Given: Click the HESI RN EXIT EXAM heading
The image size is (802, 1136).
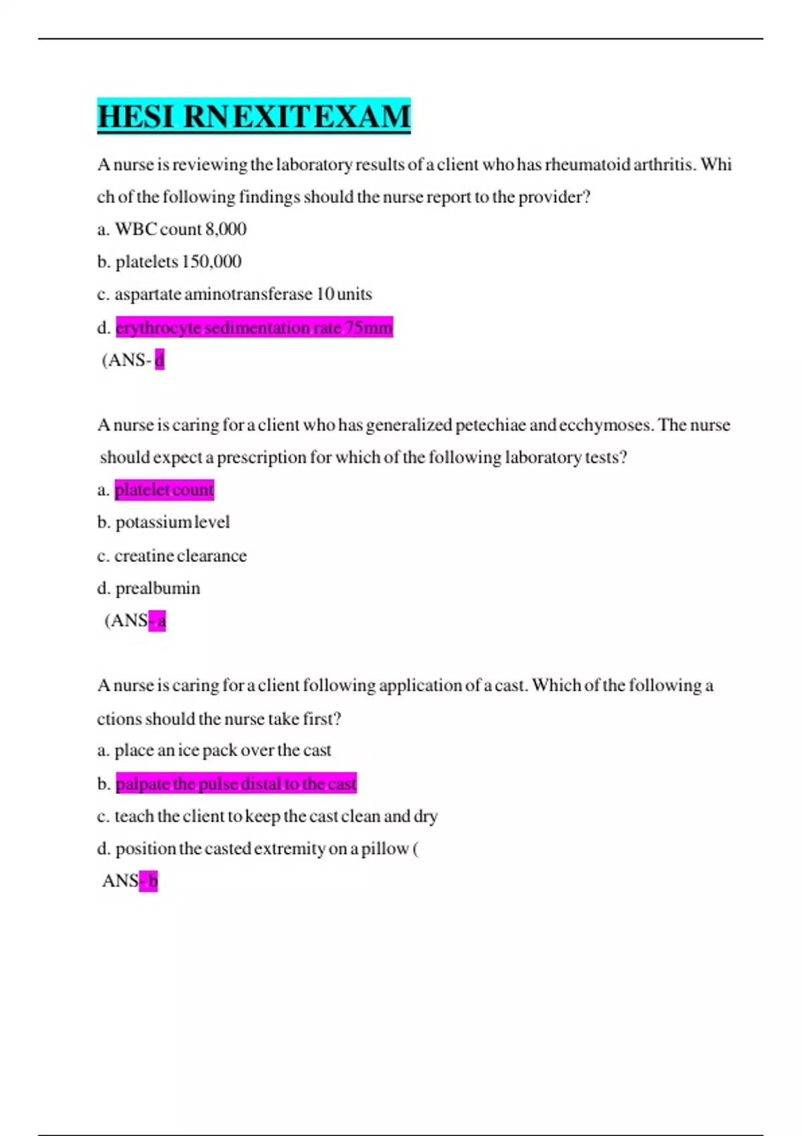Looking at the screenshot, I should click(253, 116).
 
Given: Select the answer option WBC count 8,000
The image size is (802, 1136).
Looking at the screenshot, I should click(180, 229).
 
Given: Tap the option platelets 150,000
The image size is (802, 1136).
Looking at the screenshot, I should click(178, 261).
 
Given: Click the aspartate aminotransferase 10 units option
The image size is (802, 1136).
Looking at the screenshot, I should click(243, 294).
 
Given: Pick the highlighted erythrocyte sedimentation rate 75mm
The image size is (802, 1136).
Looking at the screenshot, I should click(254, 327).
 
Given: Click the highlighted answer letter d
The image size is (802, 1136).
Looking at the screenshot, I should click(159, 360).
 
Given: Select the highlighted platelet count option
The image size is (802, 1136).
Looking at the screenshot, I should click(164, 490).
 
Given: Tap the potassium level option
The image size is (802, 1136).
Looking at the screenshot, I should click(172, 522).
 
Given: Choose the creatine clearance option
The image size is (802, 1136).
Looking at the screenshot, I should click(180, 555).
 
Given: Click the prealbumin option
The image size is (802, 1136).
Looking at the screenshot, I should click(158, 588).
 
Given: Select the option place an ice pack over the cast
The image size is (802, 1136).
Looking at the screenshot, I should click(223, 750).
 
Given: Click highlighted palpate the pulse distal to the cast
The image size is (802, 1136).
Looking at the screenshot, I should click(236, 783).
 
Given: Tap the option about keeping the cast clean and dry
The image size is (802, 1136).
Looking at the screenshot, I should click(276, 816).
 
